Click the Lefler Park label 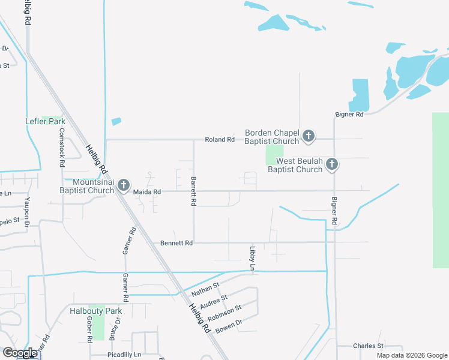click(x=45, y=121)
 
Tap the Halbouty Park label click(x=96, y=311)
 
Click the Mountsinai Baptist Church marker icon click(x=123, y=185)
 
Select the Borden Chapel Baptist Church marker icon click(x=309, y=136)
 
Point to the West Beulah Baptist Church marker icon click(x=332, y=165)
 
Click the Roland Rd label click(x=219, y=139)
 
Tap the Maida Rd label click(x=147, y=192)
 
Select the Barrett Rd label click(x=193, y=192)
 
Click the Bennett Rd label click(x=176, y=243)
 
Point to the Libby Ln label click(x=253, y=257)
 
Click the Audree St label click(x=216, y=300)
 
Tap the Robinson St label click(x=224, y=312)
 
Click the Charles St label click(x=368, y=346)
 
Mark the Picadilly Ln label click(x=124, y=355)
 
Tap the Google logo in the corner click(x=19, y=353)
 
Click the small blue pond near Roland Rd click(x=116, y=121)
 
